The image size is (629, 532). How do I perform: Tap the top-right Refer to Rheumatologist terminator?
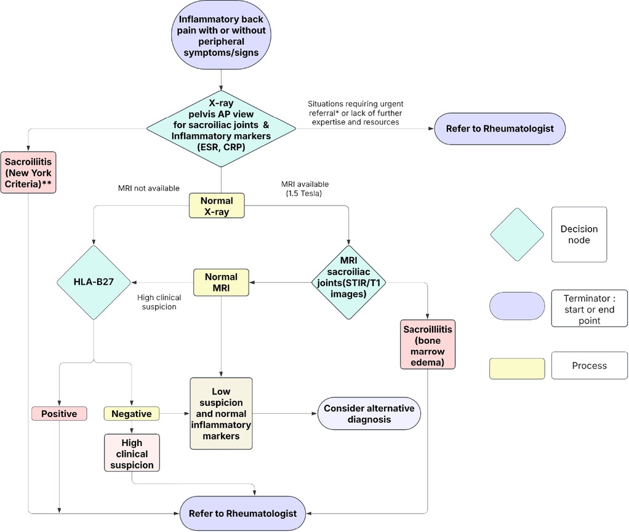pyautogui.click(x=499, y=129)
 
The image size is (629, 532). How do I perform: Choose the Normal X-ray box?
pyautogui.click(x=217, y=205)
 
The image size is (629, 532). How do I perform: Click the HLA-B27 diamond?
pyautogui.click(x=93, y=282)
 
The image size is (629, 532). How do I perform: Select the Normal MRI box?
pyautogui.click(x=220, y=282)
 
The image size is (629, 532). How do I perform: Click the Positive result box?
pyautogui.click(x=59, y=413)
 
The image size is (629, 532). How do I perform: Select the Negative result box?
pyautogui.click(x=131, y=413)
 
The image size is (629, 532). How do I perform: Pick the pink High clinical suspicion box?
pyautogui.click(x=132, y=453)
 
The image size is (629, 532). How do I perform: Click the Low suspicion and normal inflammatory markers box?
pyautogui.click(x=220, y=413)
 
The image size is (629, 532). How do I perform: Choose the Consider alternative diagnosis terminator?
pyautogui.click(x=369, y=413)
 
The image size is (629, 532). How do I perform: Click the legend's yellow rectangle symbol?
pyautogui.click(x=517, y=368)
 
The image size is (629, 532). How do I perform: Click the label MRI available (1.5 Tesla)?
pyautogui.click(x=304, y=188)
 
